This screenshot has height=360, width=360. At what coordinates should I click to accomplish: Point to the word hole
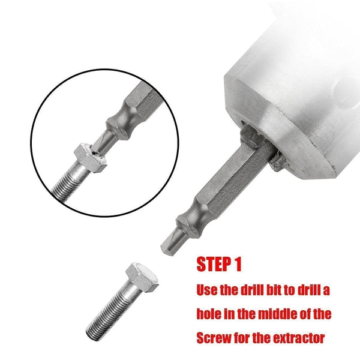click(x=209, y=313)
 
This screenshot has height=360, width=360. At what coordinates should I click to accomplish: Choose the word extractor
click(x=300, y=337)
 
